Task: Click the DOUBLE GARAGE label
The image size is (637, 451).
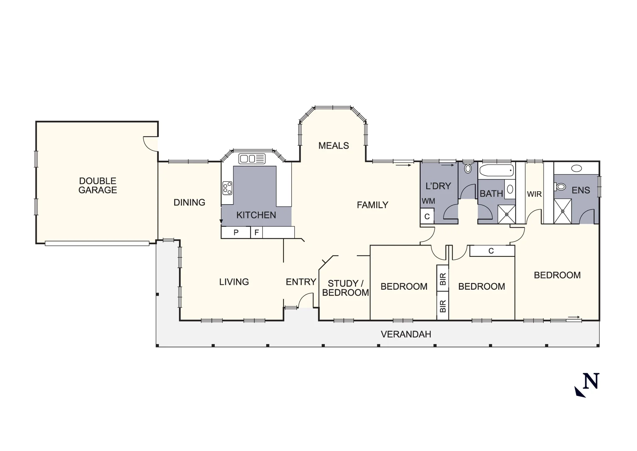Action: (x=98, y=185)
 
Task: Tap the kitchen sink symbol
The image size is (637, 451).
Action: (x=252, y=159)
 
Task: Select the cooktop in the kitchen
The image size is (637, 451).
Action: (x=227, y=188)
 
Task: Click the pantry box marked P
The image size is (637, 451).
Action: (x=236, y=233)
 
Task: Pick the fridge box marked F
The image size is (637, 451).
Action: (x=257, y=233)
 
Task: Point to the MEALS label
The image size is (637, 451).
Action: (x=334, y=146)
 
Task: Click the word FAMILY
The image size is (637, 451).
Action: (x=372, y=205)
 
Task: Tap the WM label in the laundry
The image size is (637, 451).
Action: (x=428, y=201)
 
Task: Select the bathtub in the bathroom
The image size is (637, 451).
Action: (x=496, y=170)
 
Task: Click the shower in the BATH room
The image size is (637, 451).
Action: (x=507, y=215)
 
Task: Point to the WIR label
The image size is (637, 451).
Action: (x=534, y=194)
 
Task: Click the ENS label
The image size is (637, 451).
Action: (x=581, y=190)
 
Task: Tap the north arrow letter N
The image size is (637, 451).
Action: (x=591, y=381)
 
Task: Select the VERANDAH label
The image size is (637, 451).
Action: (x=406, y=334)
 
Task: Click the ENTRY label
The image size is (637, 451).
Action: (x=301, y=282)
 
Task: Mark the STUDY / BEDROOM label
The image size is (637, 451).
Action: (x=345, y=289)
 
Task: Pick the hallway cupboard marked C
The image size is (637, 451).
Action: (x=492, y=251)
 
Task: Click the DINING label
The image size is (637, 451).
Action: (x=189, y=203)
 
